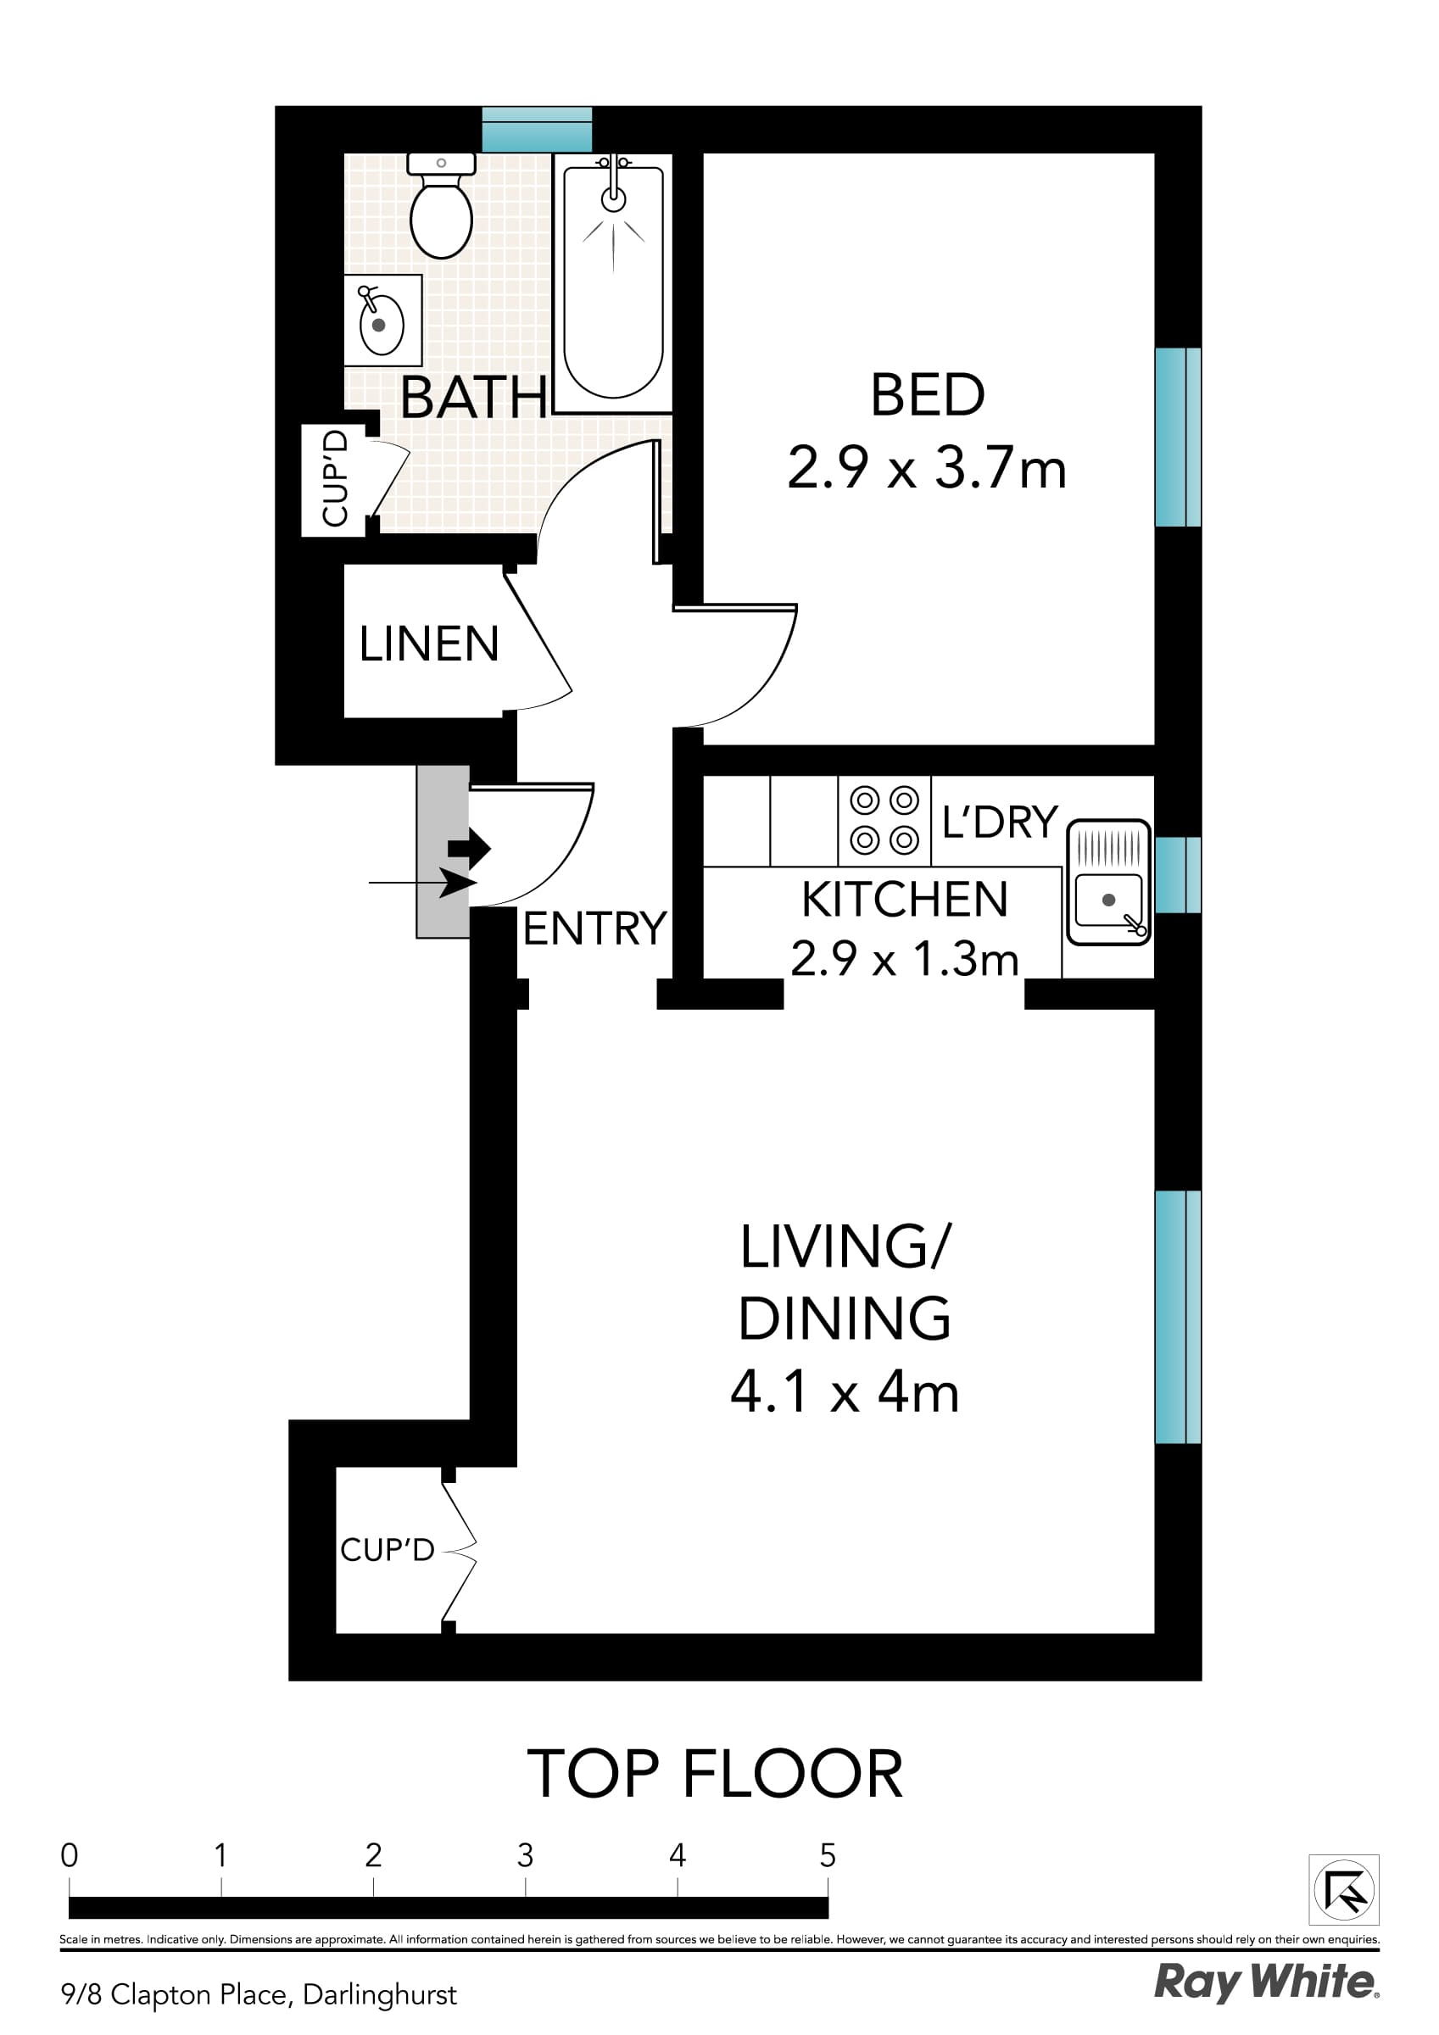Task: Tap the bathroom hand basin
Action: (x=382, y=321)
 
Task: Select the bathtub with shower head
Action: (x=613, y=282)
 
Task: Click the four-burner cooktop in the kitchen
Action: (x=884, y=820)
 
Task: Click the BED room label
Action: (x=928, y=395)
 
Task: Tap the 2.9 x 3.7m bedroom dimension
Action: (x=927, y=469)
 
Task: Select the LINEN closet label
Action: (x=429, y=644)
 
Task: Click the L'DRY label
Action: (x=999, y=822)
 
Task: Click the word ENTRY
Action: (x=594, y=928)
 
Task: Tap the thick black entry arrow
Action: (x=470, y=848)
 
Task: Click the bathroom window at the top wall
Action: (x=537, y=130)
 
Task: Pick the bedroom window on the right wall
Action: (x=1178, y=437)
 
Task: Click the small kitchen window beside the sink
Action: (x=1178, y=875)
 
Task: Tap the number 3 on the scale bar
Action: (x=525, y=1855)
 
